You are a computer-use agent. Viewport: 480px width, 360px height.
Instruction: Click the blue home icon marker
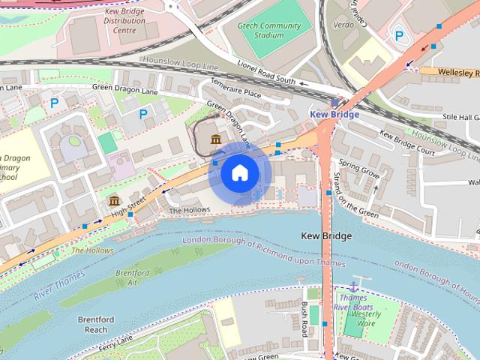click(x=239, y=173)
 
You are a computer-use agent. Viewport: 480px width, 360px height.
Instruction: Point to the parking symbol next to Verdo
click(x=399, y=34)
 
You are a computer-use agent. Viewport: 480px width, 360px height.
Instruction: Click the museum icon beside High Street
click(x=114, y=200)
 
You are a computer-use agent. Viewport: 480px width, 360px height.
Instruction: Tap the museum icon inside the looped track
click(x=216, y=139)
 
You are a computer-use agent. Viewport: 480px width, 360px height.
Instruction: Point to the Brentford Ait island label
click(x=132, y=278)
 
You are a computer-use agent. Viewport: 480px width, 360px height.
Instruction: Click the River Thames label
click(x=60, y=287)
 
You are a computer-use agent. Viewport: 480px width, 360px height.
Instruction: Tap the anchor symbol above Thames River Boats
click(x=355, y=286)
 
